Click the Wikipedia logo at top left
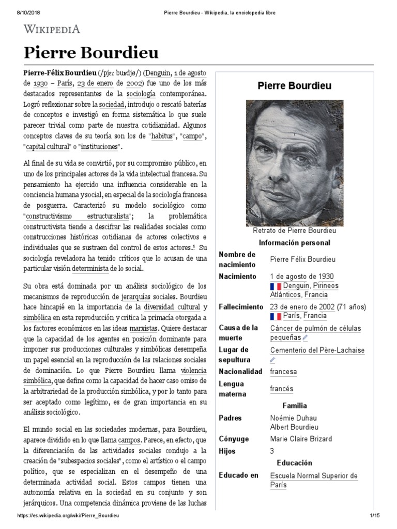[52, 29]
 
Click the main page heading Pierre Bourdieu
[91, 53]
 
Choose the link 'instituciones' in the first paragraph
[101, 147]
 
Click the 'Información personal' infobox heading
[295, 243]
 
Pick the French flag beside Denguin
[275, 286]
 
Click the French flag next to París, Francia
[275, 316]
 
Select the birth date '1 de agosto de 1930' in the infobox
[302, 276]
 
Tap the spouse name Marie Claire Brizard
[301, 439]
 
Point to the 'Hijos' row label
[227, 451]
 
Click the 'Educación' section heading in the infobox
[295, 463]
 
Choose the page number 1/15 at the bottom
[375, 517]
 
